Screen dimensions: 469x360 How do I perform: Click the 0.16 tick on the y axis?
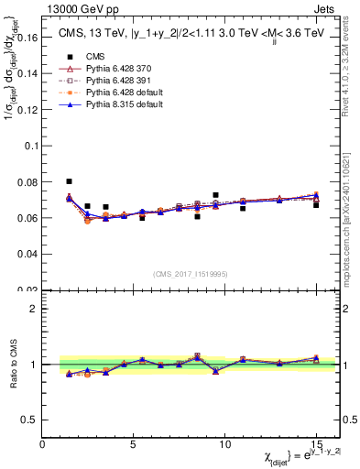tap(27, 38)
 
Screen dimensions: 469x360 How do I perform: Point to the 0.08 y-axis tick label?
tap(27, 182)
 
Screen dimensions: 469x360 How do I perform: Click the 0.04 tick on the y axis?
tap(27, 254)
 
